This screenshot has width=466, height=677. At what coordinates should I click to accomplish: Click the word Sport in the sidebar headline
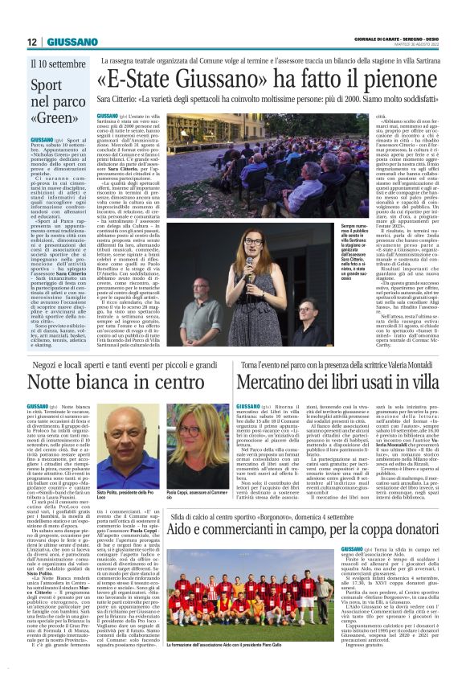pyautogui.click(x=47, y=84)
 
